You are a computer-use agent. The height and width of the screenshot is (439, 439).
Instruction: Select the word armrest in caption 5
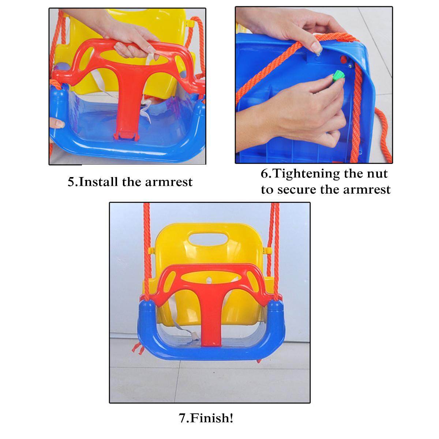point(169,182)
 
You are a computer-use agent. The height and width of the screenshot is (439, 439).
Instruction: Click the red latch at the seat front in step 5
point(127,136)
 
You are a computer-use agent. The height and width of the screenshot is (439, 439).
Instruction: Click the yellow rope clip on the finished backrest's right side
point(267,251)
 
